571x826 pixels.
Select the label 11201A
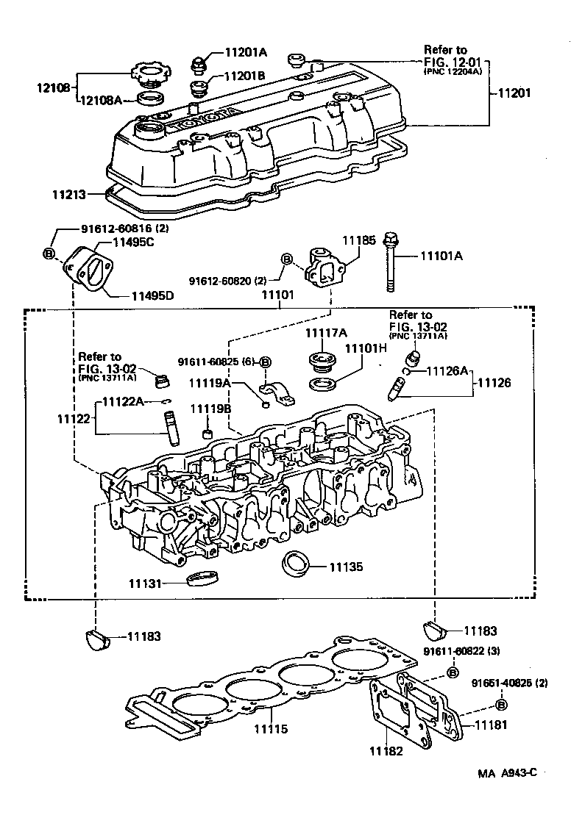point(245,52)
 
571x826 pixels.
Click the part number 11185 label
point(358,240)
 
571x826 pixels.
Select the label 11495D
point(152,296)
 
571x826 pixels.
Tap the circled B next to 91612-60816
point(50,254)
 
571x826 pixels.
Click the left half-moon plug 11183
point(96,638)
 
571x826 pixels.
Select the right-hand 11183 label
point(480,631)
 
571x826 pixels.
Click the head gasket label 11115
point(271,730)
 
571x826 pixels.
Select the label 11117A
point(325,333)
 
